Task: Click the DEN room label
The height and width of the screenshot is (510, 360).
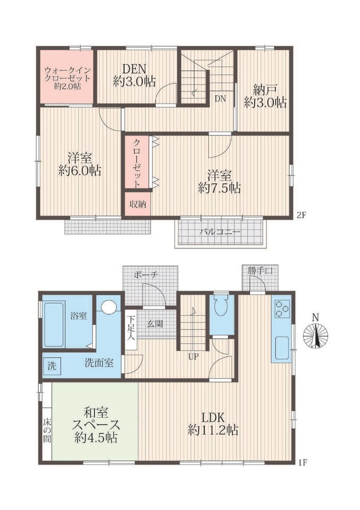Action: pyautogui.click(x=134, y=69)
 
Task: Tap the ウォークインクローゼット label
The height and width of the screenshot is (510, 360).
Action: pyautogui.click(x=67, y=74)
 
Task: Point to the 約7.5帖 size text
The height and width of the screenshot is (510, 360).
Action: pyautogui.click(x=219, y=188)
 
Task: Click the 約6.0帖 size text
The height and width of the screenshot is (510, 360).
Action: pyautogui.click(x=80, y=170)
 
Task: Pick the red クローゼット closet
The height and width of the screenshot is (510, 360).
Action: pyautogui.click(x=137, y=162)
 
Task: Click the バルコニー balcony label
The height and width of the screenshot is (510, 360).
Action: pyautogui.click(x=220, y=232)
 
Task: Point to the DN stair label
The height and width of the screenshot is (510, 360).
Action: pyautogui.click(x=220, y=99)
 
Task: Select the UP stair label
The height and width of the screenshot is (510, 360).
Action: pyautogui.click(x=193, y=357)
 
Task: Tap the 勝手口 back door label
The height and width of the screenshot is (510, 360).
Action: pyautogui.click(x=260, y=270)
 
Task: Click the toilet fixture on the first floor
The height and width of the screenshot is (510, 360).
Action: pyautogui.click(x=221, y=305)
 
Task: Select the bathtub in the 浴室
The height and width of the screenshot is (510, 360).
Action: pyautogui.click(x=54, y=325)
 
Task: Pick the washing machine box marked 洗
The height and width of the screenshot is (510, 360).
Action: pyautogui.click(x=52, y=366)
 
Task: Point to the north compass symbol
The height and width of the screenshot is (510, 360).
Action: pyautogui.click(x=315, y=334)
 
